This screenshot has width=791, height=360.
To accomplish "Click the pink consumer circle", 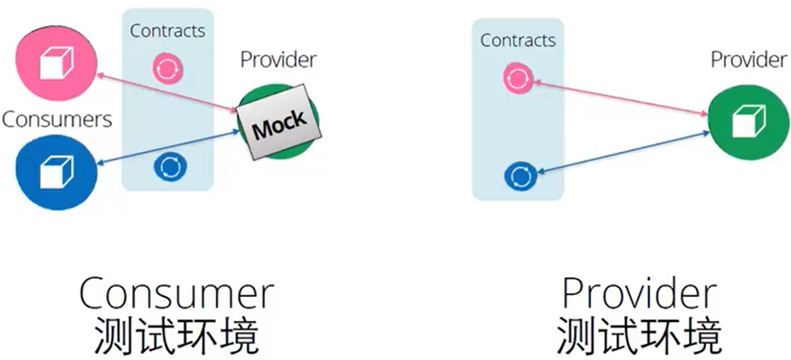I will (56, 61).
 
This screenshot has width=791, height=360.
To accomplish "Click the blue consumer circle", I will (56, 169).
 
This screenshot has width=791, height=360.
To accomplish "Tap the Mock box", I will (278, 125).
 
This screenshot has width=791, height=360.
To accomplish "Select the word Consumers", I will (56, 119).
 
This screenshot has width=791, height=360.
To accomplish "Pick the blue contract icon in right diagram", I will (522, 175).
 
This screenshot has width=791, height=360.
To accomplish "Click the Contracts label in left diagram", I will (167, 31).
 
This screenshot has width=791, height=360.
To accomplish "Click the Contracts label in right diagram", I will (518, 40).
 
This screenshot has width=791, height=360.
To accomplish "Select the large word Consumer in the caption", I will (176, 294).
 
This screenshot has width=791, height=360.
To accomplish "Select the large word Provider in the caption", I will (637, 294).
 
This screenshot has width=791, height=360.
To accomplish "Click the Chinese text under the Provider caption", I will (637, 335).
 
